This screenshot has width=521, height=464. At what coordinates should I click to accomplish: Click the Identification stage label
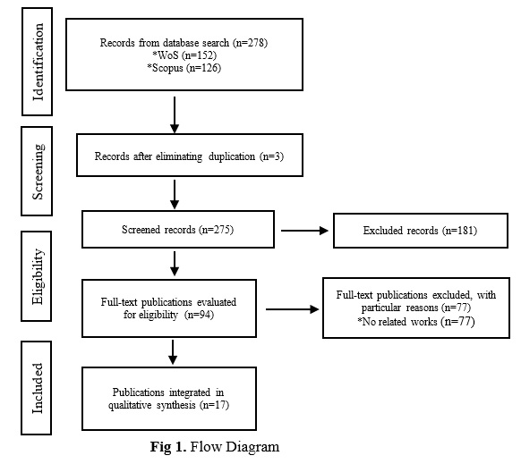[38, 62]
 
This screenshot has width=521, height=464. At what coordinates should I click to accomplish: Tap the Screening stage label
[38, 172]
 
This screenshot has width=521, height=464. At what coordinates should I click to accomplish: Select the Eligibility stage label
[38, 276]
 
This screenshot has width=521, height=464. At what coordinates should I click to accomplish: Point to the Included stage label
[38, 388]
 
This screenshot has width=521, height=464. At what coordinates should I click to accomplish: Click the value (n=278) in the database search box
[250, 43]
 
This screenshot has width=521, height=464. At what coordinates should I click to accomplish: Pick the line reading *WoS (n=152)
[184, 55]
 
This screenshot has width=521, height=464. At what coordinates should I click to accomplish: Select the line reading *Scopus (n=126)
[184, 68]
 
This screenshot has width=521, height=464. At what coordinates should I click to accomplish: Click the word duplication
[232, 156]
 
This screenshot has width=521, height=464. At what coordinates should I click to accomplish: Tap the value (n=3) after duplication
[271, 156]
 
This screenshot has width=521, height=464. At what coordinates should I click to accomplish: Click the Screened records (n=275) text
[178, 230]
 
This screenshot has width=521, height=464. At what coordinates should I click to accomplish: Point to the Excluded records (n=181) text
[420, 231]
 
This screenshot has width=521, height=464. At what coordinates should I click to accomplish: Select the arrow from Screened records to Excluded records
[304, 231]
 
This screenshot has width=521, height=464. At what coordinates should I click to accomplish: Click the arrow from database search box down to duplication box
[175, 114]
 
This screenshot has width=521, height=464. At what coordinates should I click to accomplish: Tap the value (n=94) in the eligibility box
[199, 315]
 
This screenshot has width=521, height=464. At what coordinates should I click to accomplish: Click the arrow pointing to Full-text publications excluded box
[293, 309]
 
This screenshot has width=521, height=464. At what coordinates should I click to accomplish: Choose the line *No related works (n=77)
[416, 322]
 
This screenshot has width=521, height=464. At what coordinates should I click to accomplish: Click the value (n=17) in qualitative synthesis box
[214, 405]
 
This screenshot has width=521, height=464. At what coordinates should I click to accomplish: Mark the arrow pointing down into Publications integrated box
[173, 352]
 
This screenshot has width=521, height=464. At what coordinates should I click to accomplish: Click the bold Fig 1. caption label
[168, 447]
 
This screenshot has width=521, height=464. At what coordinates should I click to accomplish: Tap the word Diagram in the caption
[252, 447]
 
